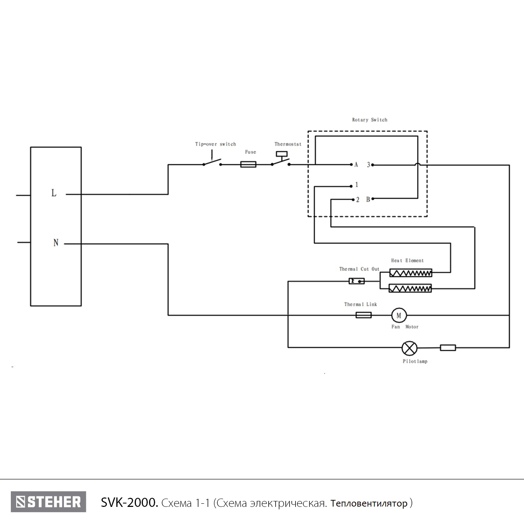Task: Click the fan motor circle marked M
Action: coord(399,315)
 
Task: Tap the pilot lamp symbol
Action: coord(409,348)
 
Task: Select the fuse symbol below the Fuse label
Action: coord(248,164)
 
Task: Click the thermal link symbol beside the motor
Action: coord(363,315)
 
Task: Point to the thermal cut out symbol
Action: coord(356,281)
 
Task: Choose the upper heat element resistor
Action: coord(410,273)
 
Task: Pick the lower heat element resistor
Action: coord(410,289)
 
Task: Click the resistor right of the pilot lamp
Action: coord(447,348)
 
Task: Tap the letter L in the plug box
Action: coord(54,193)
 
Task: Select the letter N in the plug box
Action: coord(56,243)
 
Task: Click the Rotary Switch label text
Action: coord(369,120)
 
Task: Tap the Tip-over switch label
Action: coord(215,144)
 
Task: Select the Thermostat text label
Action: coord(288,144)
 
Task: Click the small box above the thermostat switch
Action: coord(282,154)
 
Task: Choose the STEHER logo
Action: coord(48,502)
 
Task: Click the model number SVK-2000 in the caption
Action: coord(129,503)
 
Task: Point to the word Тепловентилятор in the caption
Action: coord(369,503)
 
